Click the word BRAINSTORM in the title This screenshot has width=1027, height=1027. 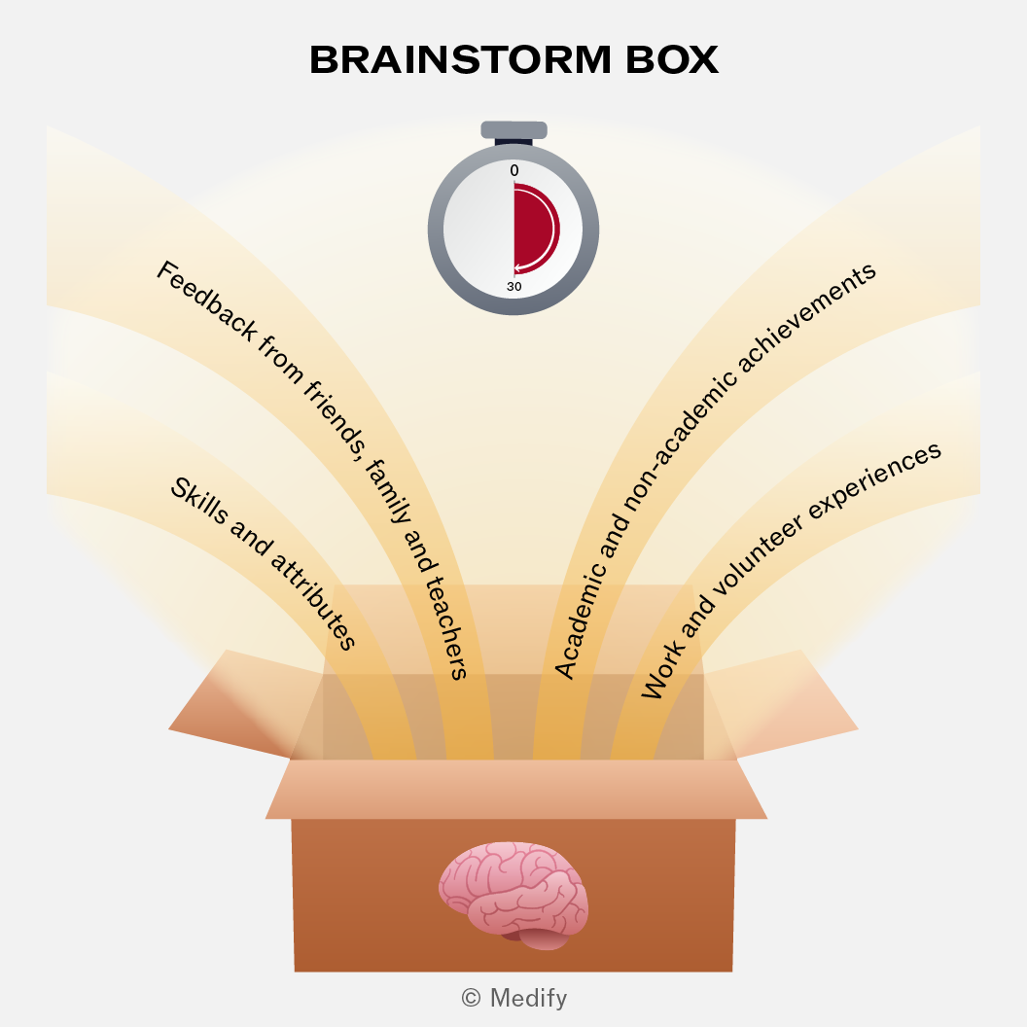pyautogui.click(x=460, y=59)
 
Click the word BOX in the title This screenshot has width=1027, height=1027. pyautogui.click(x=672, y=59)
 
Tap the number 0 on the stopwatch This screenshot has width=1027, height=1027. pyautogui.click(x=514, y=170)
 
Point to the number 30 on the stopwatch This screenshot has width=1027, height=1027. pyautogui.click(x=514, y=286)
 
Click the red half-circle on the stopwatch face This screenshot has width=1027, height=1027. pyautogui.click(x=535, y=230)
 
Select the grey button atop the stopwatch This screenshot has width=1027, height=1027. pyautogui.click(x=514, y=129)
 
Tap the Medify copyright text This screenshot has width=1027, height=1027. pyautogui.click(x=514, y=998)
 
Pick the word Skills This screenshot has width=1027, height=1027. pyautogui.click(x=199, y=501)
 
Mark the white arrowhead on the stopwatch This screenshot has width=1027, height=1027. pyautogui.click(x=518, y=267)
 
